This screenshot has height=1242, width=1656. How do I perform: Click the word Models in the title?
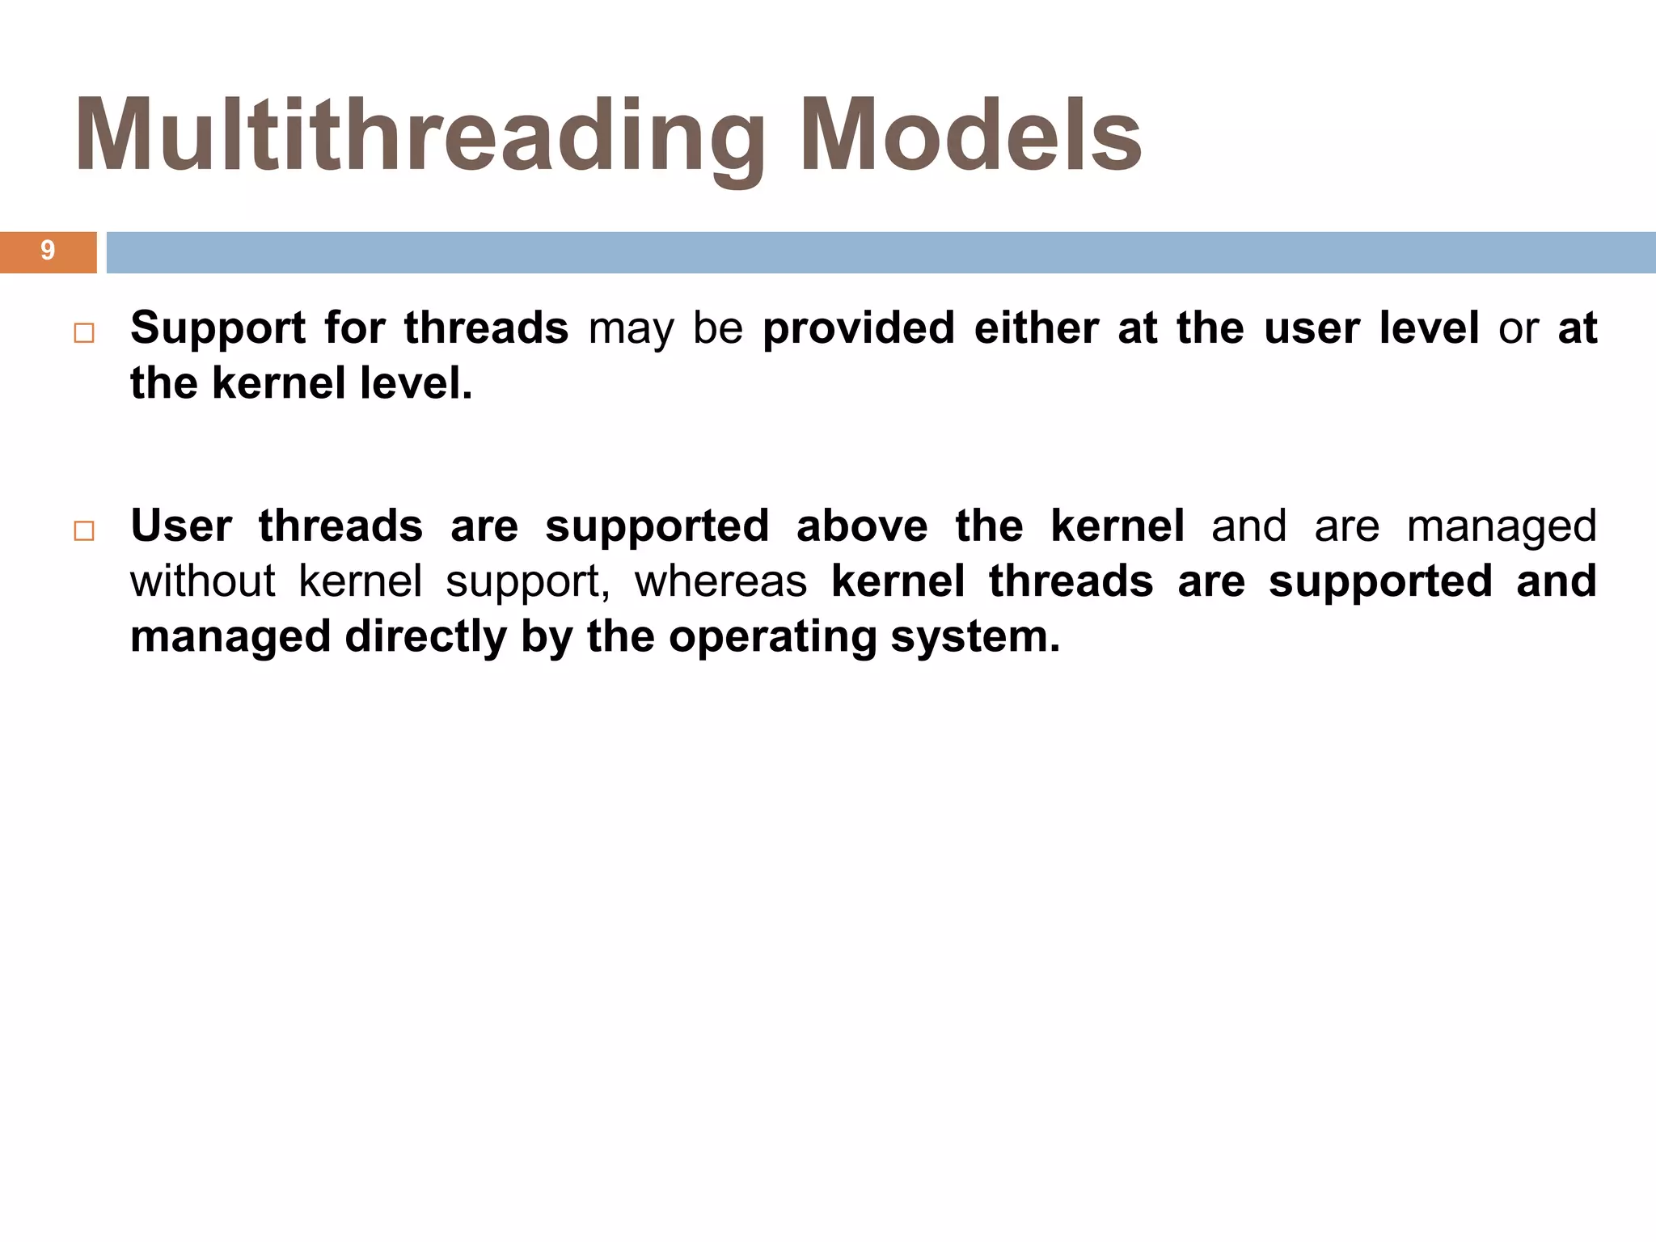[x=970, y=136]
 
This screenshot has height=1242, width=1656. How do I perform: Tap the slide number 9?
[x=48, y=251]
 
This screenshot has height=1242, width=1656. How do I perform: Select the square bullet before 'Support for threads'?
[x=84, y=333]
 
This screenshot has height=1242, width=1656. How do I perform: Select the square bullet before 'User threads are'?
[x=84, y=531]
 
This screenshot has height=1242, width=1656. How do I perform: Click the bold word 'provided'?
[x=858, y=328]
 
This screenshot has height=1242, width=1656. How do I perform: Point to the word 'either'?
[x=1036, y=328]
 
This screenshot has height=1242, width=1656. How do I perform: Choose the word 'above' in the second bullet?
[x=861, y=526]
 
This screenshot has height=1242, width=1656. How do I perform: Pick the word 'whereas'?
[x=720, y=581]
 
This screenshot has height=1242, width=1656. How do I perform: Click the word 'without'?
[x=202, y=581]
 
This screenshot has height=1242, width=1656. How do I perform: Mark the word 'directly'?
[x=425, y=637]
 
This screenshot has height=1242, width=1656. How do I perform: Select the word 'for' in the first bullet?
[x=354, y=328]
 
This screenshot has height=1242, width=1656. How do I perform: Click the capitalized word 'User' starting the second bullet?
[x=181, y=526]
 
